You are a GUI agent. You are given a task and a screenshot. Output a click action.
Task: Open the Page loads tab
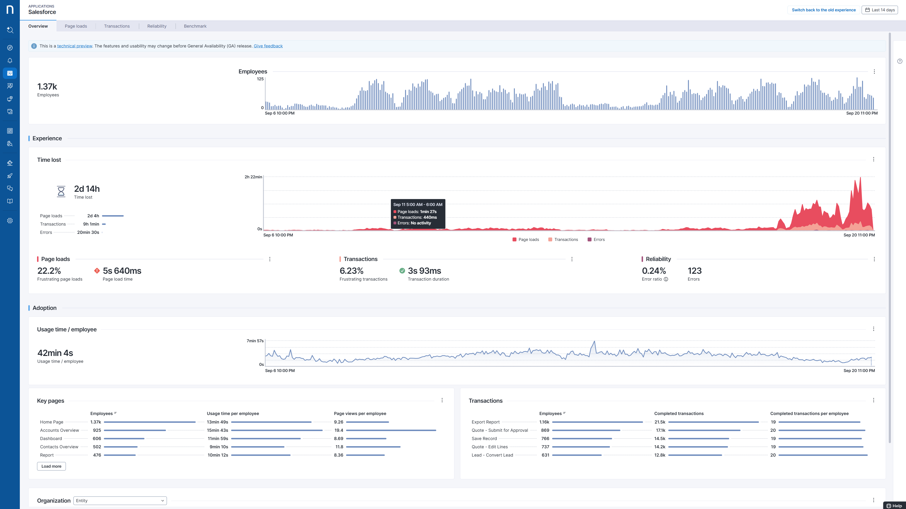[76, 26]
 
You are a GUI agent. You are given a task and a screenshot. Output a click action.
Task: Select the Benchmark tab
[195, 26]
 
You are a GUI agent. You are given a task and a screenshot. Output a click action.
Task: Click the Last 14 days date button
[880, 10]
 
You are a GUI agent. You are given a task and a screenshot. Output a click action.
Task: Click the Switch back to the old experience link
[824, 10]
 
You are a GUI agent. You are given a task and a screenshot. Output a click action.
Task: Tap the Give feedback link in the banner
[268, 46]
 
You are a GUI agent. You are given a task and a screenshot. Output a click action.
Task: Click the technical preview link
[75, 46]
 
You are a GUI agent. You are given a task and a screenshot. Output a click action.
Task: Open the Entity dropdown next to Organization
[120, 500]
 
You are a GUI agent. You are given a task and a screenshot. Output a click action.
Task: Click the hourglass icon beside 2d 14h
[61, 192]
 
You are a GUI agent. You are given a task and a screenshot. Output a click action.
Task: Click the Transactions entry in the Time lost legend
[563, 239]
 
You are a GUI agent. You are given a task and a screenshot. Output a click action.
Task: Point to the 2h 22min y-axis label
[253, 177]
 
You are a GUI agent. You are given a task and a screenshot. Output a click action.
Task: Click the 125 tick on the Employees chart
[260, 79]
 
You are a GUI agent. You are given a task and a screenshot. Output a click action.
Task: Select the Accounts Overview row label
[59, 430]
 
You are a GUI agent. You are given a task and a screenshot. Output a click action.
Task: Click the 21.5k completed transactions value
[660, 422]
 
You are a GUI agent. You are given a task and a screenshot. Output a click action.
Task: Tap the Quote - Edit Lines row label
[490, 447]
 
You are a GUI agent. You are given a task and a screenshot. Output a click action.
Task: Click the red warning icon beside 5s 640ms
[97, 271]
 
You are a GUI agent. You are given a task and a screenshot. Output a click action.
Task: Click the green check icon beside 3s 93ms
[402, 271]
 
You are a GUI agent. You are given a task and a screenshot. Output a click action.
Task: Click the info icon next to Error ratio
[666, 279]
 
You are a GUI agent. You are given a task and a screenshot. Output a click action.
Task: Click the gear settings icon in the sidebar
[10, 221]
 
